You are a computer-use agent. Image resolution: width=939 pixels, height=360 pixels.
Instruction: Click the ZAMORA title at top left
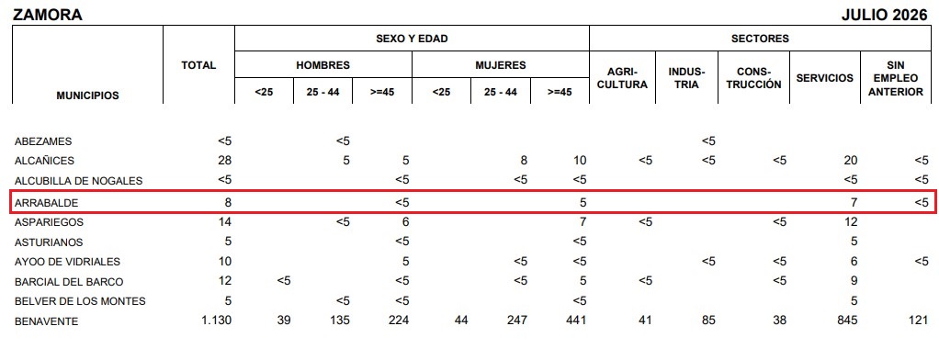coord(47,16)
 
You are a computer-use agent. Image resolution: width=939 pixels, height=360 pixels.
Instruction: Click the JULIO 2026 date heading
coord(884,16)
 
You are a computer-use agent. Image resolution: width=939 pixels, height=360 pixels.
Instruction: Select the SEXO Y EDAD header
coord(412,39)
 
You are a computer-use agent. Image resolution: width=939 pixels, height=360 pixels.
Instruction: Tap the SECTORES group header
coord(760,39)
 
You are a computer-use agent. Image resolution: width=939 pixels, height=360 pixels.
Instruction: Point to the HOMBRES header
coord(322,65)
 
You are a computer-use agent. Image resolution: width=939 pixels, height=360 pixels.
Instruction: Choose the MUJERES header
coord(501,65)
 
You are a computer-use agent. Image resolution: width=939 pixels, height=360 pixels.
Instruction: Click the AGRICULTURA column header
coord(623,78)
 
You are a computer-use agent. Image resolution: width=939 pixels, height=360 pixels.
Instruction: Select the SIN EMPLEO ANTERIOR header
coord(896,78)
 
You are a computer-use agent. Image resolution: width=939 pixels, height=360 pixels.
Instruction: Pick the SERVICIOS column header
coord(825,78)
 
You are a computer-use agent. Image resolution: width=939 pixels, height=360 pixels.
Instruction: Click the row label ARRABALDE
coord(46,203)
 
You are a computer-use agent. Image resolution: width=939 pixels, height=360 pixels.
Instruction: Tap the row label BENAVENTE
coord(46,321)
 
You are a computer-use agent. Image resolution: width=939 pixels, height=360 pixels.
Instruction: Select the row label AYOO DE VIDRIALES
coord(67,262)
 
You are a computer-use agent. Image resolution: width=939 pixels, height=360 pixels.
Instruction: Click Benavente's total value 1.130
coord(216,321)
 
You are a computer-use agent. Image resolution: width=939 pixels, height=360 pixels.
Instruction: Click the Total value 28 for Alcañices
coord(224,161)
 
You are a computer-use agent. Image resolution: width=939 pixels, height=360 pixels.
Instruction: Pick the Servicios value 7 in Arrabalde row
coord(854,202)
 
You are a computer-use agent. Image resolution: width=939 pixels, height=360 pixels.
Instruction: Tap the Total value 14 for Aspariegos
coord(224,221)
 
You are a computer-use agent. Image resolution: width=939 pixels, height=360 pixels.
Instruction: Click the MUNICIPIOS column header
coord(87,96)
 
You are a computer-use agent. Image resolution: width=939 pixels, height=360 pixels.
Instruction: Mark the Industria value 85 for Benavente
coord(708,321)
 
